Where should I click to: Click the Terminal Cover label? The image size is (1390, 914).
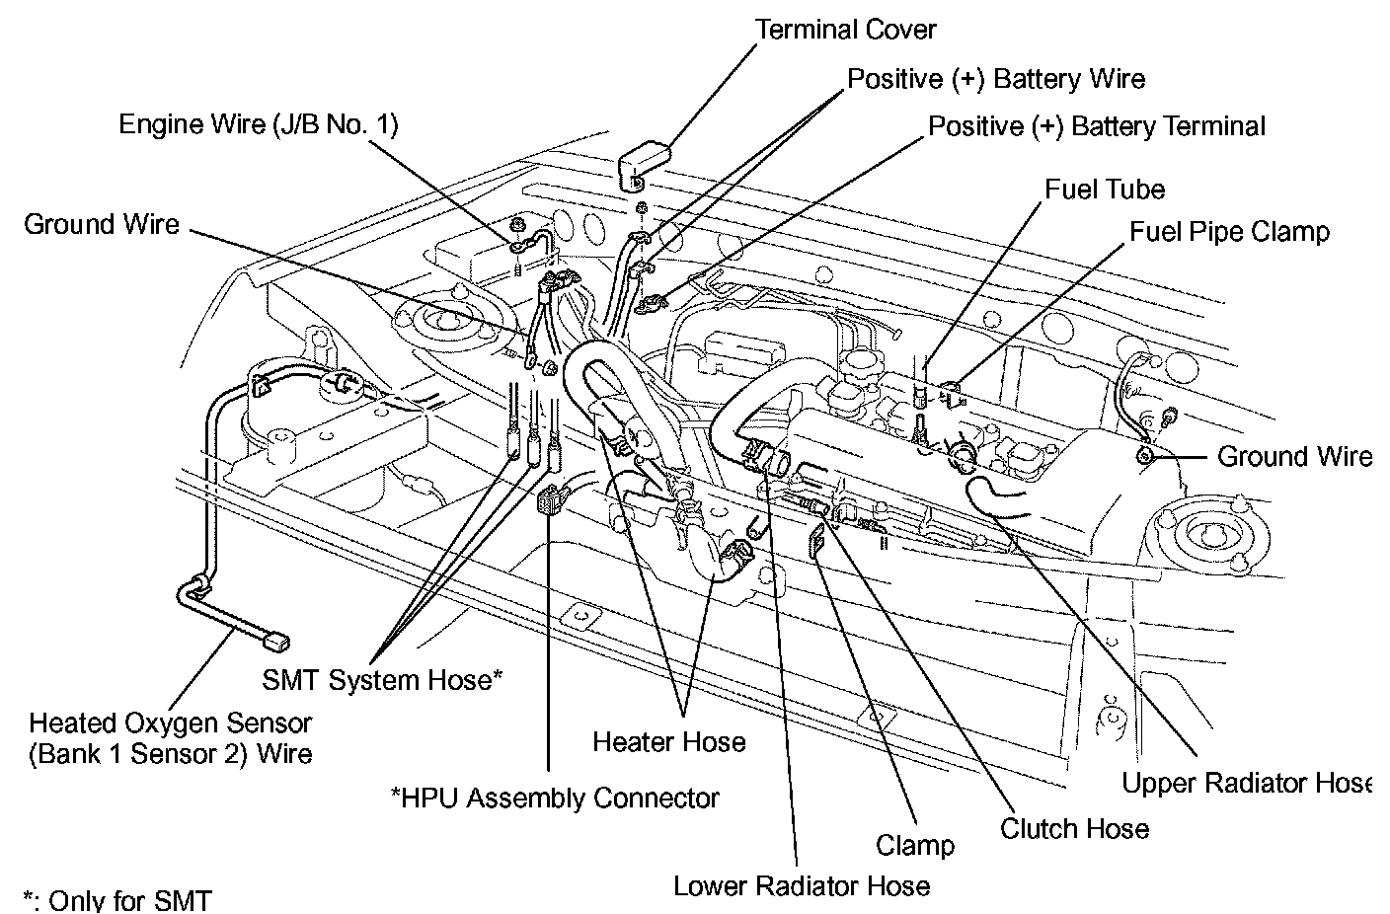tap(845, 30)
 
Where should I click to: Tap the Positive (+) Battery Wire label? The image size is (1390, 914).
tap(996, 79)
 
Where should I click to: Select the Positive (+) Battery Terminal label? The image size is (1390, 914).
tap(1097, 126)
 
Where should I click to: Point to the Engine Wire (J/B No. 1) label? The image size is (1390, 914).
tap(258, 124)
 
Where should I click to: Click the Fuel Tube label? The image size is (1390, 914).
tap(1105, 190)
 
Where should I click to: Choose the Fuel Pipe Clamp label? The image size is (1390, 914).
tap(1229, 231)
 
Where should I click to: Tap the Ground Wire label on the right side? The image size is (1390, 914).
tap(1294, 456)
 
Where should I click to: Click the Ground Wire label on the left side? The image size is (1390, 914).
tap(102, 224)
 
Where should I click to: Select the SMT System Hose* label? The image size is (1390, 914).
tap(382, 679)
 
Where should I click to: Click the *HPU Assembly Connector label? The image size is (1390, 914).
tap(555, 798)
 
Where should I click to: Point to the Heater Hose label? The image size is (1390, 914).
tap(669, 741)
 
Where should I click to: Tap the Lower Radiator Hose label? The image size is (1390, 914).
tap(802, 886)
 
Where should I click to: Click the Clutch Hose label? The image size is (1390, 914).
tap(1074, 829)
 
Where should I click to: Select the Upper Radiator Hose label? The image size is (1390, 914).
tap(1247, 783)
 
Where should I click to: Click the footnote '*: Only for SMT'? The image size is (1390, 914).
tap(117, 900)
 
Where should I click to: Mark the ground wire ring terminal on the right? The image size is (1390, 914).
tap(1143, 456)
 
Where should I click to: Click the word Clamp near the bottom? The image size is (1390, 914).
tap(915, 845)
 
